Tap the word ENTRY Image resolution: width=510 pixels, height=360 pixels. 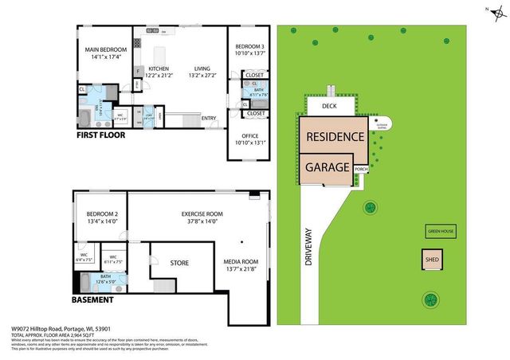pos(209,119)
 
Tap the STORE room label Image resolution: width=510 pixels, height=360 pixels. pos(179,262)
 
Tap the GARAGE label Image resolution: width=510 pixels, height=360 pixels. pos(327,167)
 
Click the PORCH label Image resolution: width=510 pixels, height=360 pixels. pos(361,168)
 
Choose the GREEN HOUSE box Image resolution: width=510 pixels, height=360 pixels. pos(440,232)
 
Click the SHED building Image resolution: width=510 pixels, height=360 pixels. pos(432,260)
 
